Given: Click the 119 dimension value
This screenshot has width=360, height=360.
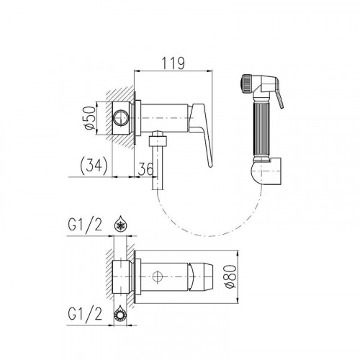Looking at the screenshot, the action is [173, 63].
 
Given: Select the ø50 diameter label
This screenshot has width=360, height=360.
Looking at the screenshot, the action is [90, 118].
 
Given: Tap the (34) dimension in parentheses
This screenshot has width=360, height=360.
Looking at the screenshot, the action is [94, 166].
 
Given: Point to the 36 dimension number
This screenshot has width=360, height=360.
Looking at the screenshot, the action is [145, 168].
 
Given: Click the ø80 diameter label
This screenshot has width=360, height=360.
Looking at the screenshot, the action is [231, 276].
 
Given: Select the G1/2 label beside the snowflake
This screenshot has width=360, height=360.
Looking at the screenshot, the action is [85, 225].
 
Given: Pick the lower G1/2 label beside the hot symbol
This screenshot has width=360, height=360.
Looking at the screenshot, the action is [85, 314].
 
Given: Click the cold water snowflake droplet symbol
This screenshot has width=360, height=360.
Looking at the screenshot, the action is [120, 224].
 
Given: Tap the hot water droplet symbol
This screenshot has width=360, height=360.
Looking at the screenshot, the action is [120, 313].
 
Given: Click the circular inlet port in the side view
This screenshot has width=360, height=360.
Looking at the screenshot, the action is [121, 118].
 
